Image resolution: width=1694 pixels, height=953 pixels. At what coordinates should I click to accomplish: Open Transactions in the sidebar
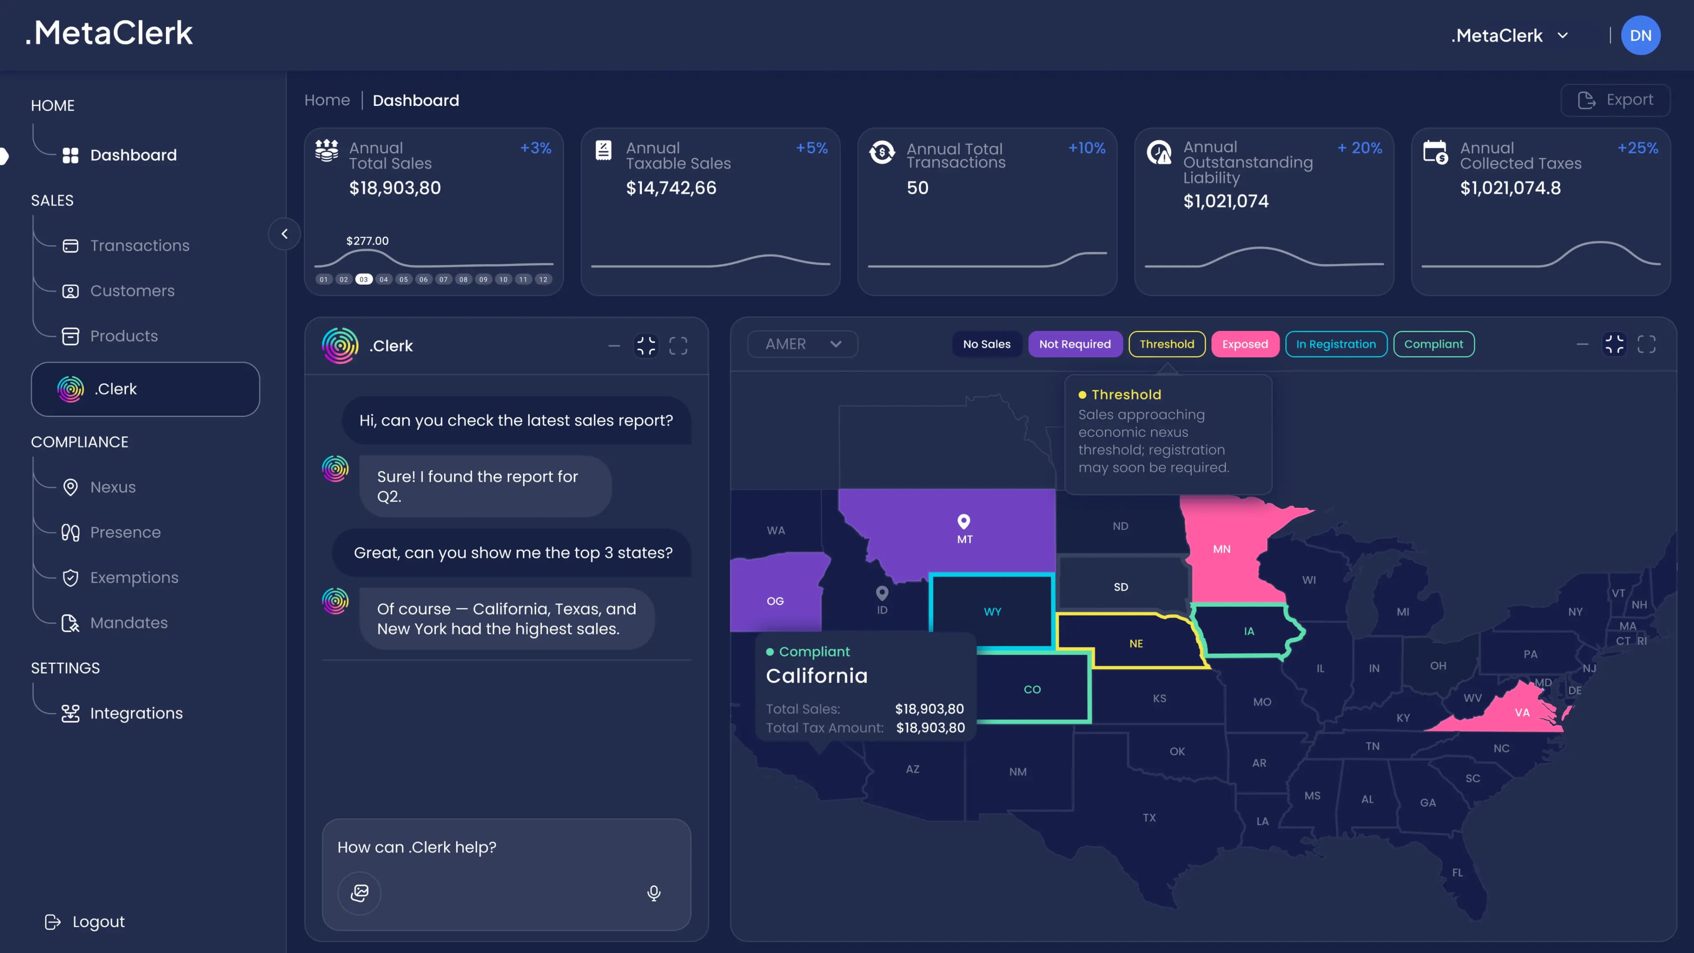click(139, 245)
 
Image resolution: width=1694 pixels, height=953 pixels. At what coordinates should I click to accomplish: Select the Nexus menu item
click(112, 487)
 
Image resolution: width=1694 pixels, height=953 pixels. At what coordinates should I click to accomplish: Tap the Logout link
click(98, 921)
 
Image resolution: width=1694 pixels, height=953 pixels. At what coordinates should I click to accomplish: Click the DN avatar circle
click(1640, 35)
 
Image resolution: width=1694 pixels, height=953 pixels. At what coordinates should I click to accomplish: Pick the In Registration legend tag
click(1336, 344)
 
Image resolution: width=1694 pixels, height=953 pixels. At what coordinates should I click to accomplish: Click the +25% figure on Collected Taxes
click(1638, 148)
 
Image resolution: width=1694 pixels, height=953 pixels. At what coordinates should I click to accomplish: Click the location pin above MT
click(963, 521)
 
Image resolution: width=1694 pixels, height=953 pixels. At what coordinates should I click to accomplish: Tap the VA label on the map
click(1522, 712)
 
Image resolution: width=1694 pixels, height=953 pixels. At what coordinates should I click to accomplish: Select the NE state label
click(1136, 644)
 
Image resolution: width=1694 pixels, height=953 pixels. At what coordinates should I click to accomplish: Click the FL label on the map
click(1457, 873)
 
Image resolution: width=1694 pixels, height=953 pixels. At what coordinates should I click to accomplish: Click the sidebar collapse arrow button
click(284, 233)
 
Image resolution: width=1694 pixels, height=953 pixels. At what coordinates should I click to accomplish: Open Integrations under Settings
click(136, 713)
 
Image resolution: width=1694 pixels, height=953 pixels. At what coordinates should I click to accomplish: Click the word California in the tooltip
click(817, 675)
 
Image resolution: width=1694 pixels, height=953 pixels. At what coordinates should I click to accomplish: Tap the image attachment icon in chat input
click(360, 893)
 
